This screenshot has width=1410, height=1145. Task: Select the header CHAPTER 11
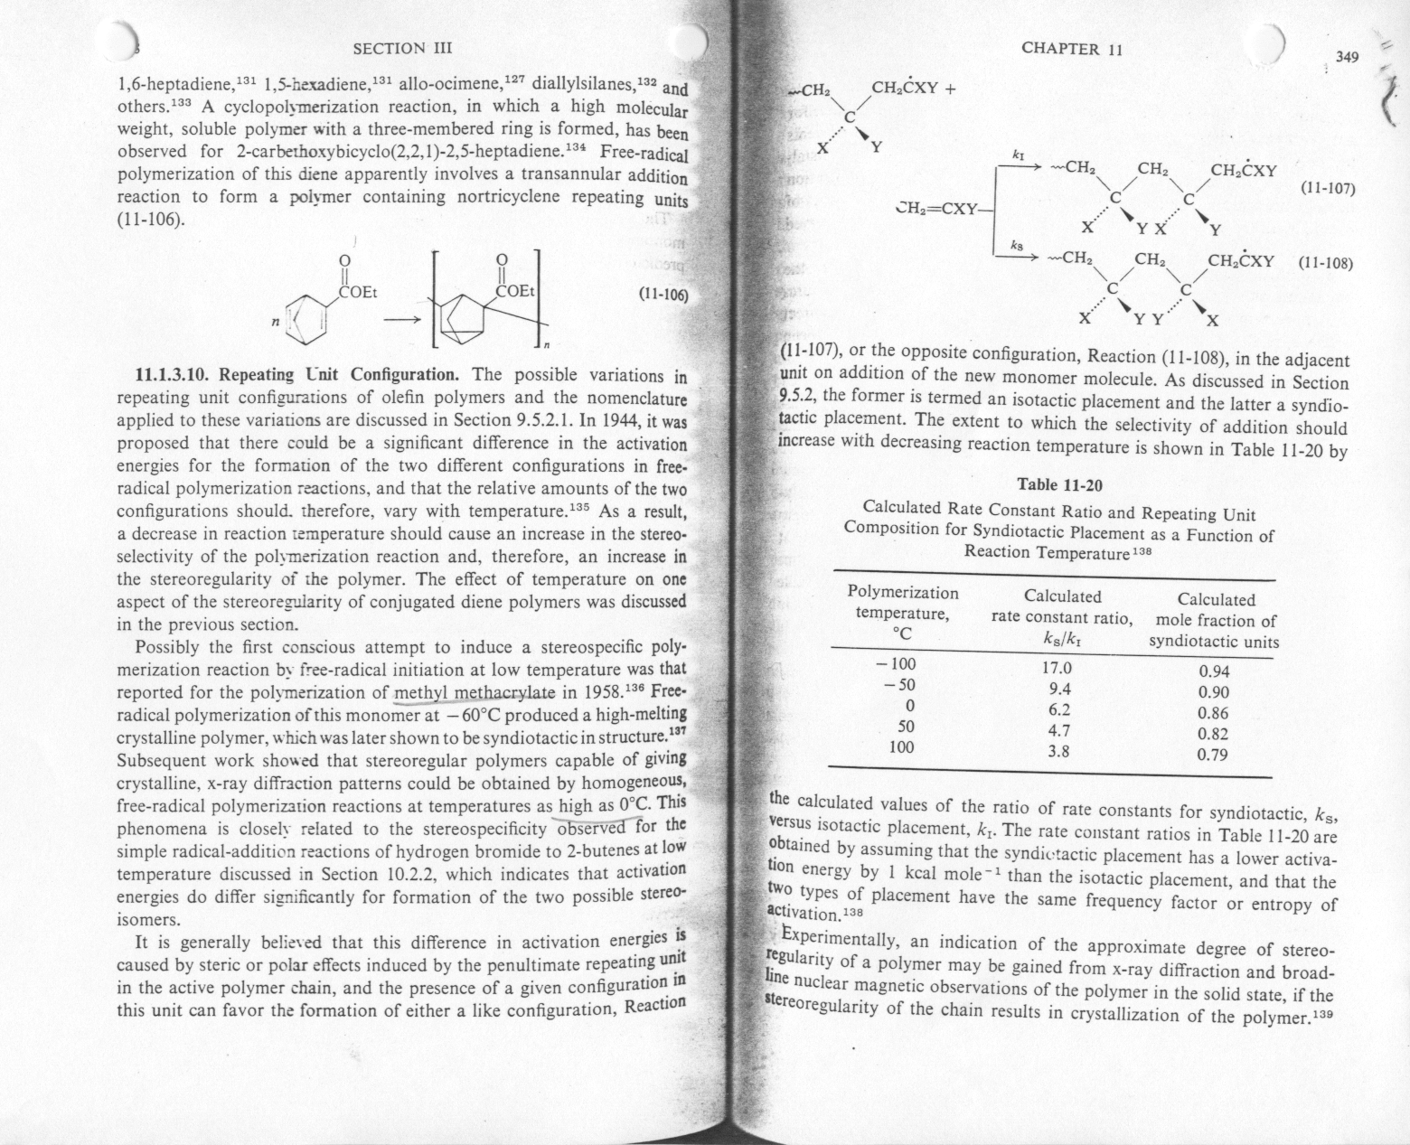[1071, 49]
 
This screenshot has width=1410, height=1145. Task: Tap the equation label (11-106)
[663, 295]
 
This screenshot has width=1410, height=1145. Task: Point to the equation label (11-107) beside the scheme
[1326, 189]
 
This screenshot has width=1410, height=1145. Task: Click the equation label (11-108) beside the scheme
[1325, 264]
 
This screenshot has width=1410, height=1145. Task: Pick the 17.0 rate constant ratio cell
[1057, 669]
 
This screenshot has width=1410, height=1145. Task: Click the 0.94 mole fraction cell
[1213, 671]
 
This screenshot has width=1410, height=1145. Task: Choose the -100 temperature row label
[896, 663]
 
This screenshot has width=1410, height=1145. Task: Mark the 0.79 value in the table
[1212, 755]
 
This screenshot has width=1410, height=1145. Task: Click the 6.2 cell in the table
[1057, 709]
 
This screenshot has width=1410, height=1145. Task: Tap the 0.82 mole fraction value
[1212, 734]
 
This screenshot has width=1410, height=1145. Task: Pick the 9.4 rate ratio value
[1057, 690]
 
